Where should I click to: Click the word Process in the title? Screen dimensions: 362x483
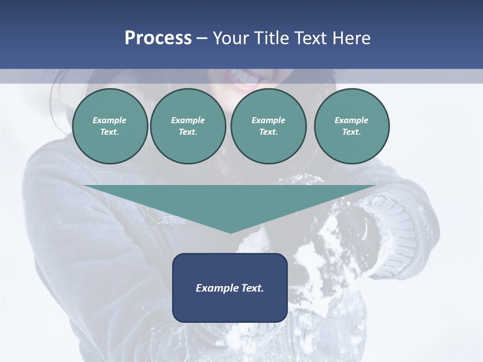coord(158,38)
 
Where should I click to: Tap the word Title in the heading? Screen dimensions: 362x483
coord(272,38)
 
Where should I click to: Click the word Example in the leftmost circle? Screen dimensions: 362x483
coord(110,120)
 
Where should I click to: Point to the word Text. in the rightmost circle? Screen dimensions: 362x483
coord(351,132)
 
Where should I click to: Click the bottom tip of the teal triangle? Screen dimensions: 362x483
coord(230,232)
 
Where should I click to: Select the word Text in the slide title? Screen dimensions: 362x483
coord(309,38)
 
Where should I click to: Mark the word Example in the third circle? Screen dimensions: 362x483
coord(268,120)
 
